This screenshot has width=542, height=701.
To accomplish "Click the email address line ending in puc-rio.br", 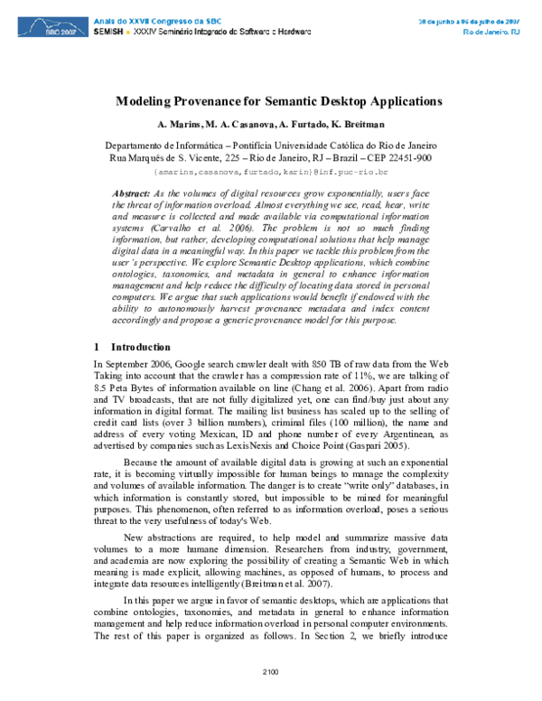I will (270, 171).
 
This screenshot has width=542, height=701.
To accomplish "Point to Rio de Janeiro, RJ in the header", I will (491, 32).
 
